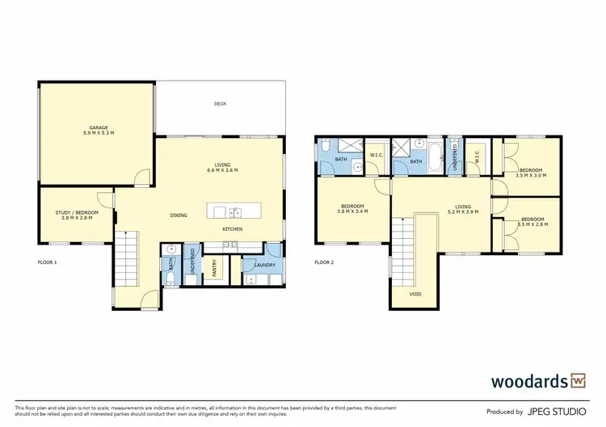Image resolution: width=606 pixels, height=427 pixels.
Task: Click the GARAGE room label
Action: [x=99, y=128]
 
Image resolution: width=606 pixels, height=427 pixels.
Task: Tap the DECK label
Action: [x=220, y=103]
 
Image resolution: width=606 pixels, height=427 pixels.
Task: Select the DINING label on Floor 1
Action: [x=180, y=215]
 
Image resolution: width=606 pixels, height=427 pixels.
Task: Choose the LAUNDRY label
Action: [x=264, y=265]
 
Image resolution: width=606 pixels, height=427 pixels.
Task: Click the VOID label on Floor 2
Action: [x=415, y=294]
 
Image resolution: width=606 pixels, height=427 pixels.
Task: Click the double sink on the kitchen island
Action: [x=234, y=213]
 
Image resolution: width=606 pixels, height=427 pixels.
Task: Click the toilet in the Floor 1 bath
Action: [x=172, y=278]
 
